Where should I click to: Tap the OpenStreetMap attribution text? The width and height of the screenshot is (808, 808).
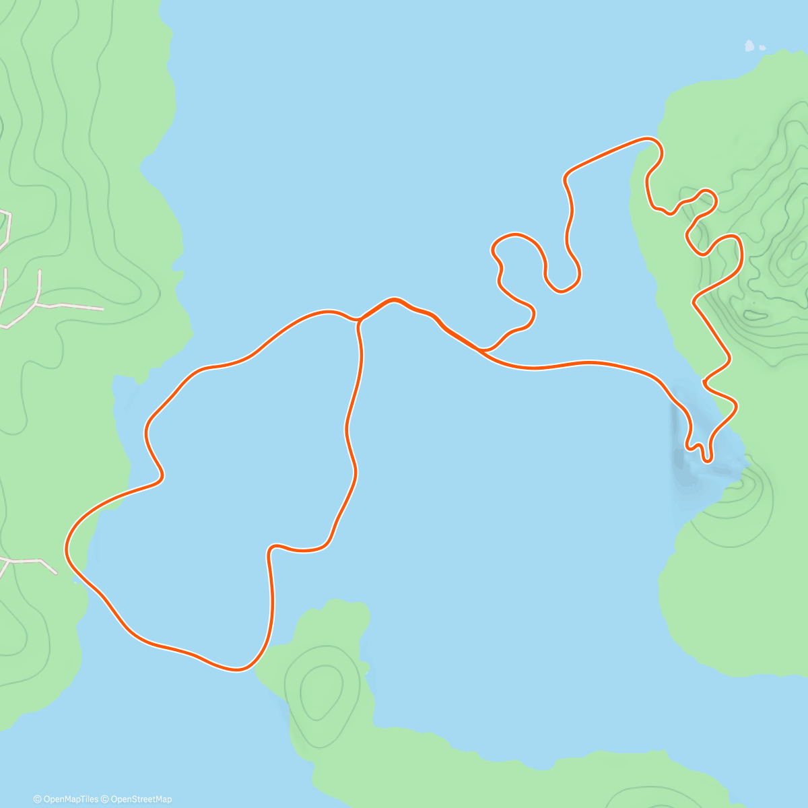141,799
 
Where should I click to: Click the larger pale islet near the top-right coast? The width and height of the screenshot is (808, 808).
749,46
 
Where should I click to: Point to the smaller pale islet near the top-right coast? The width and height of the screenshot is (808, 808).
762,48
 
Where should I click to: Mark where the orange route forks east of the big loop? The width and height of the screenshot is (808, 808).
481,350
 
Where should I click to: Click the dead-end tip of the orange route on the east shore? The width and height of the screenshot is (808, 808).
704,382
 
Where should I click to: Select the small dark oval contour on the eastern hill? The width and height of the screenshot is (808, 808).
755,314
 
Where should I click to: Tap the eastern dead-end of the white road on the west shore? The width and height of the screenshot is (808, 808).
102,309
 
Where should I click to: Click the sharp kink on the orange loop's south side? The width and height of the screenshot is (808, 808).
271,548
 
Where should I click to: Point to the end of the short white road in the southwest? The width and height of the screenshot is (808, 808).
57,573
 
